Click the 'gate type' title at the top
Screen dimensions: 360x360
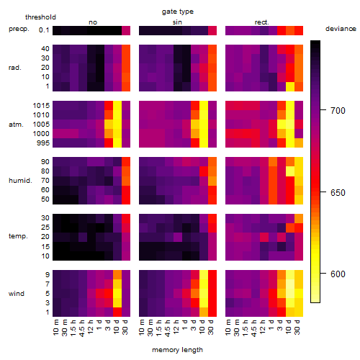point(178,12)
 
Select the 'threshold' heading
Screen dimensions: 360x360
point(40,17)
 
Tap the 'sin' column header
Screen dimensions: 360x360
point(177,22)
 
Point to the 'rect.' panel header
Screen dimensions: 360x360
point(262,22)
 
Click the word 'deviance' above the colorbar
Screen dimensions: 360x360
point(341,29)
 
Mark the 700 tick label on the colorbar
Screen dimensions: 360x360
point(338,110)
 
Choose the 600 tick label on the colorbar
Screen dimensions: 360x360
point(338,274)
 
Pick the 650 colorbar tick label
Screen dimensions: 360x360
point(338,192)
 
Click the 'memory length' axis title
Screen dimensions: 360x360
point(178,350)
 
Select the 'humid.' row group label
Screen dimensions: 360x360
point(20,180)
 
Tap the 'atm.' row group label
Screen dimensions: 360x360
point(16,125)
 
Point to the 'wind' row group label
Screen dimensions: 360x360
point(17,293)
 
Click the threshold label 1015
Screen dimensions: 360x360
point(41,105)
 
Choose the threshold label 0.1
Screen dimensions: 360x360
point(44,30)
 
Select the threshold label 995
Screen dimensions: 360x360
point(43,143)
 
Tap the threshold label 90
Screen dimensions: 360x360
point(45,161)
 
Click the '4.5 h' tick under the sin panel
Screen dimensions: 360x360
point(168,328)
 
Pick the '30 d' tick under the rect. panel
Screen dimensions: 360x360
point(297,328)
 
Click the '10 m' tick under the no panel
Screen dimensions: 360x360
point(55,328)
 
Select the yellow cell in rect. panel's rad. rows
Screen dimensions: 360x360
point(290,86)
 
